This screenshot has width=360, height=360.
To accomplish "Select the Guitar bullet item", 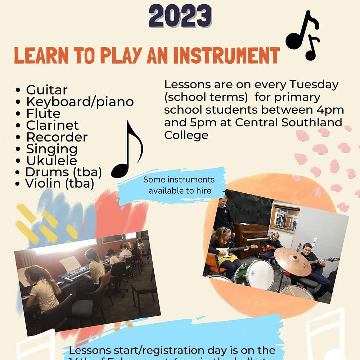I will [46, 90].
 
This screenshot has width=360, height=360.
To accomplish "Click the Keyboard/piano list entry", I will [80, 102].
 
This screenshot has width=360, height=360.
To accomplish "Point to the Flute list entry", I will [43, 113].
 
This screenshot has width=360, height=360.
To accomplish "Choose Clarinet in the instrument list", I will [52, 125].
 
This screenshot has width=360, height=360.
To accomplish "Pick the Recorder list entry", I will [57, 137].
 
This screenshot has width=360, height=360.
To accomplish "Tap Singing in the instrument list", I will [51, 149].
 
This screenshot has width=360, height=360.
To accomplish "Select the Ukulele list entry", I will [51, 161].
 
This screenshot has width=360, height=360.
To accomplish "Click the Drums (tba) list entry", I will [63, 172].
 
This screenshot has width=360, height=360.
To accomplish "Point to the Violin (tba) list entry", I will [59, 184].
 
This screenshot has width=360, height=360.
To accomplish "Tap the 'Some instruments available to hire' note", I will [179, 185].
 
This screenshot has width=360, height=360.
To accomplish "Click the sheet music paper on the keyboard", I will [70, 264].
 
